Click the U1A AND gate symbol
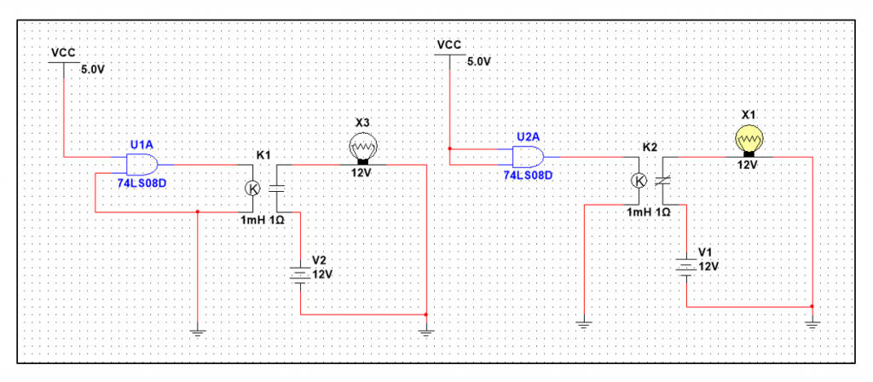point(142,165)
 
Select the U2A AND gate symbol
point(529,158)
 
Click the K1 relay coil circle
point(252,188)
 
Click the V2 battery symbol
point(300,273)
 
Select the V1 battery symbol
point(686,266)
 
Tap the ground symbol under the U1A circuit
point(198,333)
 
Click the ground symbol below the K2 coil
point(583,325)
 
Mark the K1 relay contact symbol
point(277,188)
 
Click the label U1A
point(142,145)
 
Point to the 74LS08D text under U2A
point(529,176)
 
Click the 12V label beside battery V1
point(708,267)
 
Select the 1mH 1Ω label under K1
point(263,221)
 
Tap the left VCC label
point(63,53)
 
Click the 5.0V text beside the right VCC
point(480,61)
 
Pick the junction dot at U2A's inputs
point(448,149)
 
